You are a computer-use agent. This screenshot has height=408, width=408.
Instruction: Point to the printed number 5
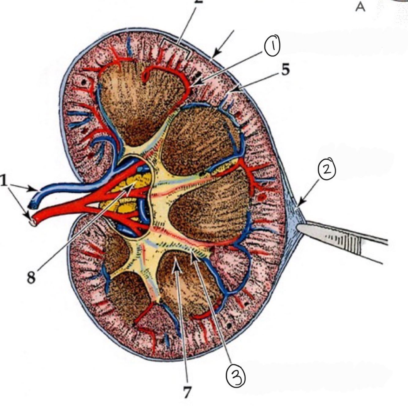coord(285,70)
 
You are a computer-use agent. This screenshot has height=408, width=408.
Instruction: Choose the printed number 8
coord(31,278)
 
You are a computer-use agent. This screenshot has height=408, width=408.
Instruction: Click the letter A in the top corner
coord(360,7)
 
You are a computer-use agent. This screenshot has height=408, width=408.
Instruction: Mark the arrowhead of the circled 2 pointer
coord(300,205)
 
